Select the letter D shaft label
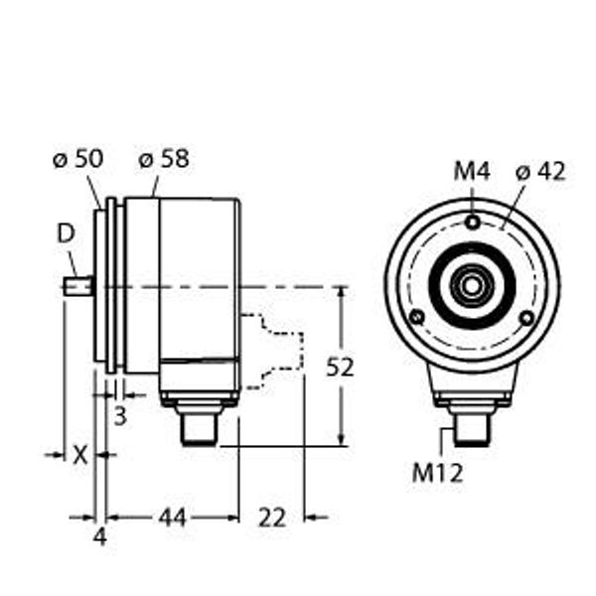(66, 234)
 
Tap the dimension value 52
(341, 367)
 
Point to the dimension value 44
(173, 517)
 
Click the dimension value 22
(271, 517)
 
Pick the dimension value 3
(119, 416)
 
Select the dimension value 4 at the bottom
(99, 537)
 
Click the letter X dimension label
(81, 455)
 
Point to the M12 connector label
(438, 473)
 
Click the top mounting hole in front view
(475, 222)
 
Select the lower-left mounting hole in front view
(418, 317)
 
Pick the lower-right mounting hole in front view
(528, 317)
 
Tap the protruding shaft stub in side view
(77, 287)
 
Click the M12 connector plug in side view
(199, 422)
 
